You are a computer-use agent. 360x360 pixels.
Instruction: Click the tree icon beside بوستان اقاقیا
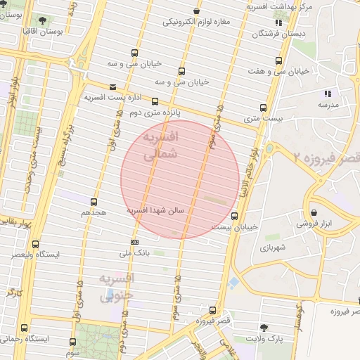44,20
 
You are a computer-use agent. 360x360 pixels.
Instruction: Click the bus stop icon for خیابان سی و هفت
279,60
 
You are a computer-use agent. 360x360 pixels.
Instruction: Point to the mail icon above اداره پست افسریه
112,86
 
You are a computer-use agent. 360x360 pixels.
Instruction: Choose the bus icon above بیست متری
264,108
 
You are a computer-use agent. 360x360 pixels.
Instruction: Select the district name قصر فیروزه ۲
326,157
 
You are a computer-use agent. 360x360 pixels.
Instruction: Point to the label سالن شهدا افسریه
155,210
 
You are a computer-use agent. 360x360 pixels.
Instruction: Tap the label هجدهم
94,212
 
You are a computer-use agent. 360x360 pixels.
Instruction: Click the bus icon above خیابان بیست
234,216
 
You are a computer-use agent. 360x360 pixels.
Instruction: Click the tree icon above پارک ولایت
264,328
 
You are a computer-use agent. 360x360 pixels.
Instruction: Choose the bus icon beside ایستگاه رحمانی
25,328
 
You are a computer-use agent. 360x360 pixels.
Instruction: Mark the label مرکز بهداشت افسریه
279,6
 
